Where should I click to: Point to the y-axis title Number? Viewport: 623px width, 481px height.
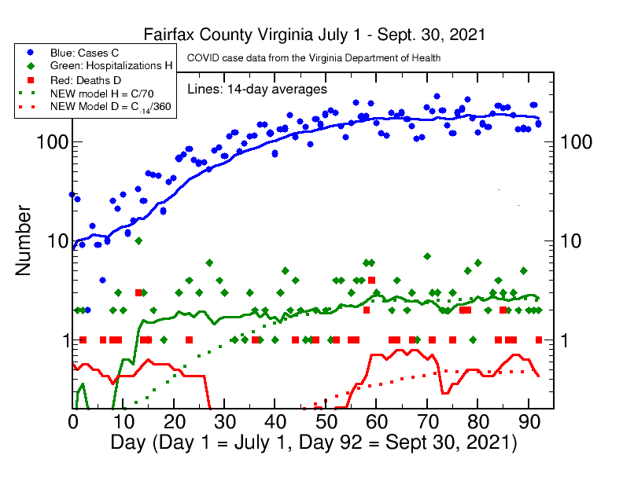tap(24, 240)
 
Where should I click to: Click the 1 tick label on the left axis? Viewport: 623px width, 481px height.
tap(56, 340)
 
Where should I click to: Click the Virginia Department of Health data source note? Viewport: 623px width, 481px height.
tap(313, 58)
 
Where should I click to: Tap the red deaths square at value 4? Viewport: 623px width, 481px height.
tap(371, 280)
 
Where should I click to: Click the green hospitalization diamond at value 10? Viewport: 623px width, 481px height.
tap(138, 240)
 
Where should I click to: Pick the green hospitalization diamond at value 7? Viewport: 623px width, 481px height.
tap(427, 256)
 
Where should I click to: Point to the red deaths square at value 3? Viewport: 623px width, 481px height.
tap(138, 292)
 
